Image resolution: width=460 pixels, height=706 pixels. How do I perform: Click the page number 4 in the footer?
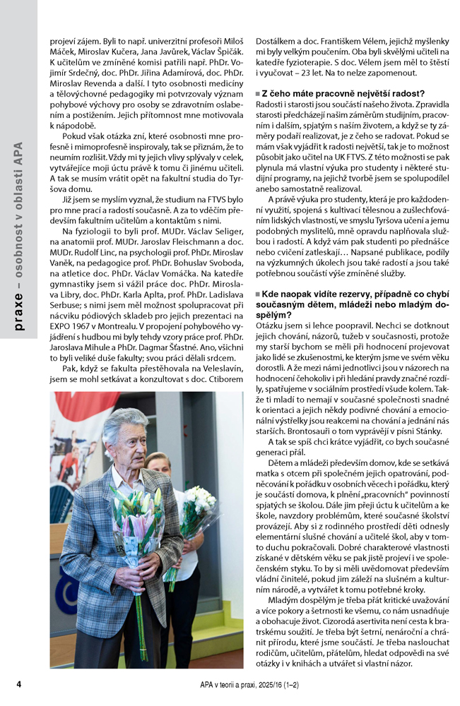pyautogui.click(x=19, y=684)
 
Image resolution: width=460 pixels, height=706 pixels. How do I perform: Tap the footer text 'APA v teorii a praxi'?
pyautogui.click(x=233, y=684)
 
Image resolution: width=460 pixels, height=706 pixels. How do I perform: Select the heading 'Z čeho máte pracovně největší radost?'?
pyautogui.click(x=342, y=93)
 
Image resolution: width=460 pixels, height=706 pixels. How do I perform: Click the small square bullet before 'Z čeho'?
pyautogui.click(x=258, y=94)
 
